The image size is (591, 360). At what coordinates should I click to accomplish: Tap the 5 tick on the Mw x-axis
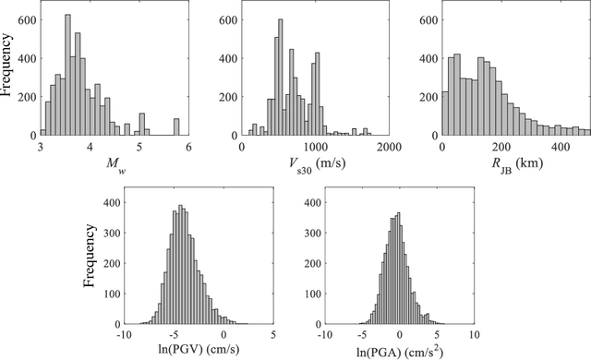click(x=139, y=147)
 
